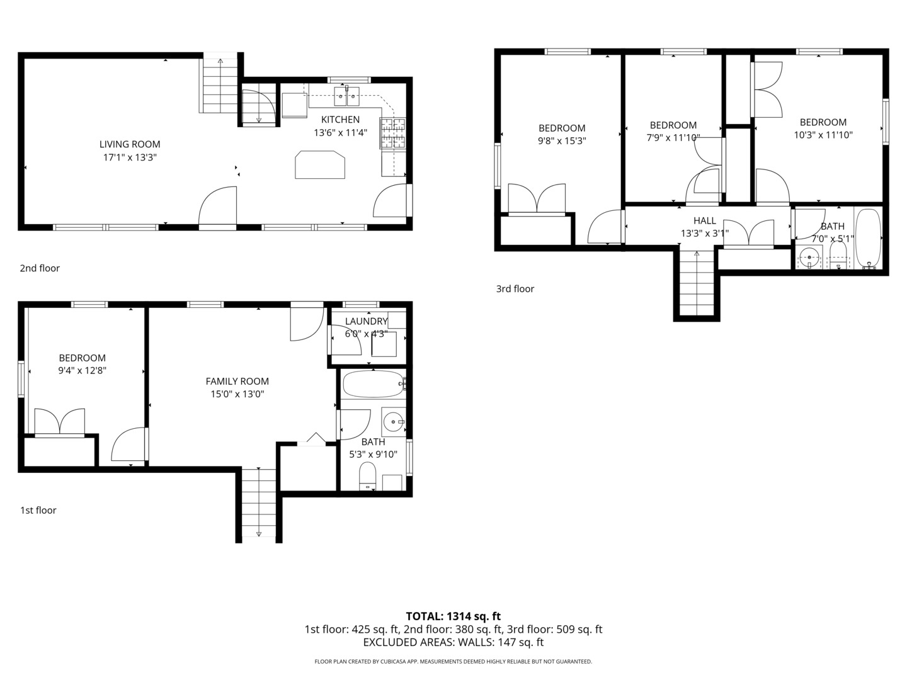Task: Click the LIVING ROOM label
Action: (x=130, y=144)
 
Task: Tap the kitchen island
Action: (x=320, y=165)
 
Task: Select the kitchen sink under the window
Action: (x=346, y=96)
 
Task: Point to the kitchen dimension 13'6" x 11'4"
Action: (x=340, y=133)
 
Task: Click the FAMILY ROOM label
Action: (x=237, y=381)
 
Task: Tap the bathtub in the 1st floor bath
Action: (x=372, y=383)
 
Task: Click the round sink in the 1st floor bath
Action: (x=394, y=421)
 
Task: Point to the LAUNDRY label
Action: (x=366, y=321)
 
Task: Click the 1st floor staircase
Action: (x=259, y=504)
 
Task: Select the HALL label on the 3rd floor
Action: (x=704, y=220)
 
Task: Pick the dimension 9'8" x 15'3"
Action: (x=561, y=141)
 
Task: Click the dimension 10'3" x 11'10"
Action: (x=823, y=135)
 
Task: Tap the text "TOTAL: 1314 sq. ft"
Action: (x=453, y=616)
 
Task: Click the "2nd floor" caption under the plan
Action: (x=40, y=268)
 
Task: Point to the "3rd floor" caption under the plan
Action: (x=515, y=289)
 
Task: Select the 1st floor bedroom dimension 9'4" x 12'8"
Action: (x=82, y=371)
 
